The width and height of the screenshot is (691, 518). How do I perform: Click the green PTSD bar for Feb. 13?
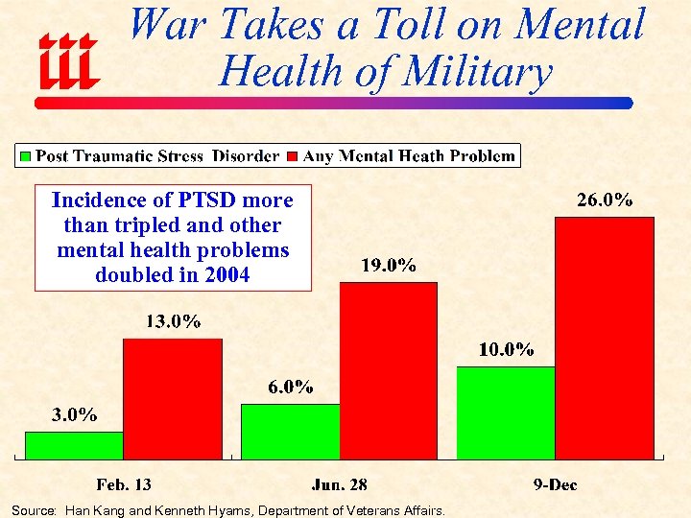pyautogui.click(x=74, y=445)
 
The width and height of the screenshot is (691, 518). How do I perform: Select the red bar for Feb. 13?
pyautogui.click(x=173, y=398)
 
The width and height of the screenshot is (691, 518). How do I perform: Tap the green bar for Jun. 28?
pyautogui.click(x=290, y=431)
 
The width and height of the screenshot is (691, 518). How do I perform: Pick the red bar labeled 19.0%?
pyautogui.click(x=389, y=370)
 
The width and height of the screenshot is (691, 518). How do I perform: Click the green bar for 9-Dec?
pyautogui.click(x=506, y=412)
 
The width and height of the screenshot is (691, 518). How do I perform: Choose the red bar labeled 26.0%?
pyautogui.click(x=605, y=338)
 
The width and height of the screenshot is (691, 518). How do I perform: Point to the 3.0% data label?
pyautogui.click(x=73, y=414)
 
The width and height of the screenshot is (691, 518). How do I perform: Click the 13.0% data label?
pyautogui.click(x=173, y=321)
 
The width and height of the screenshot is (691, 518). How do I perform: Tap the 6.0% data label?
pyautogui.click(x=289, y=387)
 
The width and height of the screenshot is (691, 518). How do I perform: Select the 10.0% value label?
pyautogui.click(x=507, y=349)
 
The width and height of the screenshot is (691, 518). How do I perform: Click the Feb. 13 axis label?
pyautogui.click(x=124, y=484)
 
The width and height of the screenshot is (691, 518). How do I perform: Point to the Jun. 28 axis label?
pyautogui.click(x=339, y=484)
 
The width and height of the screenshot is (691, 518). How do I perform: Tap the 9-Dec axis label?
pyautogui.click(x=555, y=484)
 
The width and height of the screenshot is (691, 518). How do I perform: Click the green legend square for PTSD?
pyautogui.click(x=26, y=155)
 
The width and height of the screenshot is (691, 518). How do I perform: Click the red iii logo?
pyautogui.click(x=67, y=59)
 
